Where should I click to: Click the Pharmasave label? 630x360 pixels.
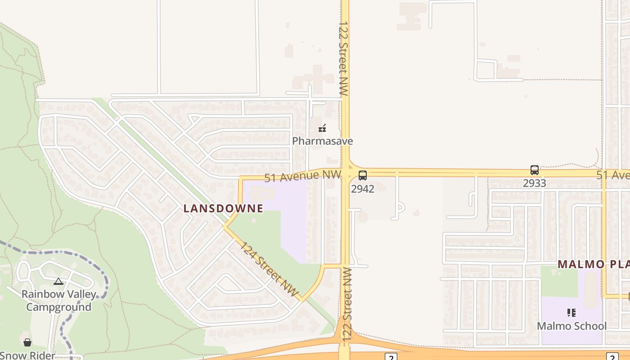322,141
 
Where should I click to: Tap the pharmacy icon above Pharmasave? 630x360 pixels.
322,129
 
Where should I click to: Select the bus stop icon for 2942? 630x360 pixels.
363,175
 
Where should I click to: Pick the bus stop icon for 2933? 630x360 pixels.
535,170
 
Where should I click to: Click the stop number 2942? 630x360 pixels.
363,189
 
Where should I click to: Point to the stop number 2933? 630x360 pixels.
535,183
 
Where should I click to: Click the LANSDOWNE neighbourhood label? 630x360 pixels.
223,208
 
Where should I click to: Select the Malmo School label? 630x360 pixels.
571,326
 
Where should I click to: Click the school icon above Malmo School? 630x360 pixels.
571,312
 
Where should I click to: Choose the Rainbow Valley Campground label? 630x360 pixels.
59,301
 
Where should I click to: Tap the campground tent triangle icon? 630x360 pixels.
58,282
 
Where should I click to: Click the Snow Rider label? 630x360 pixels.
27,355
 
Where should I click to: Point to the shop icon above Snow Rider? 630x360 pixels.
27,343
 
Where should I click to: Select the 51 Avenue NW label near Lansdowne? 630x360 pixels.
302,175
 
